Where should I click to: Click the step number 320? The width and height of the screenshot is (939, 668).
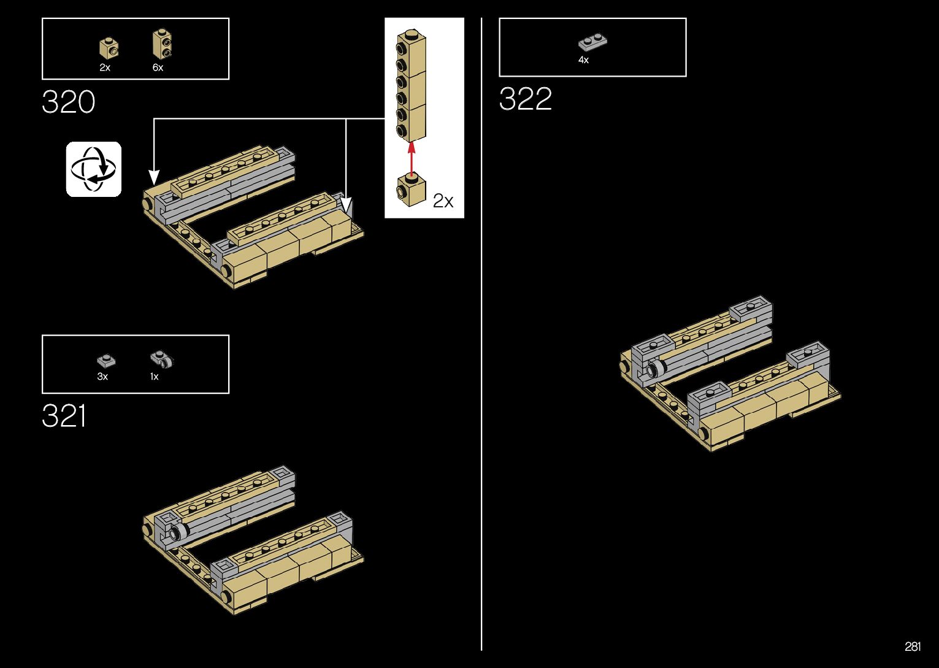[69, 102]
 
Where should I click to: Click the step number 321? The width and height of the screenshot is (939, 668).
[64, 417]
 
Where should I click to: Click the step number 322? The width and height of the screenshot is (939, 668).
[526, 99]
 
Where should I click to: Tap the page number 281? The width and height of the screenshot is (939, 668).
[912, 647]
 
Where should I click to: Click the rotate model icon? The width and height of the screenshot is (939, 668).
[94, 169]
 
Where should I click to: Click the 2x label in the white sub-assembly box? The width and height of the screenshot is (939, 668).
[443, 201]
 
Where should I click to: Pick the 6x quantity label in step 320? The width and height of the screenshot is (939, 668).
[158, 67]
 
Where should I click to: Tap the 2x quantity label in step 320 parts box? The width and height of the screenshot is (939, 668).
[105, 67]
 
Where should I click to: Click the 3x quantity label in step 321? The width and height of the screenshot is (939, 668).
[102, 377]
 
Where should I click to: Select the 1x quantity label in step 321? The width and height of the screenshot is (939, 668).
[154, 377]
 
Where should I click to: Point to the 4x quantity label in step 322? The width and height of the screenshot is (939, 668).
[583, 60]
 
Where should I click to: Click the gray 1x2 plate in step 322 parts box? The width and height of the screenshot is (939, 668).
[592, 42]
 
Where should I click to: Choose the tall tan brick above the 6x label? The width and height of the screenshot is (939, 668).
[161, 44]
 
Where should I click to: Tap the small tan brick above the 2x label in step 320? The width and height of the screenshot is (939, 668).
[109, 48]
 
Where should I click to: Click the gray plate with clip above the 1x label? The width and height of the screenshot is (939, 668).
[162, 359]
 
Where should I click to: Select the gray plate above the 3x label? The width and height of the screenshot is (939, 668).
[106, 361]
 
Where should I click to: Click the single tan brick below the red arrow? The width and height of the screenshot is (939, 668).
[412, 190]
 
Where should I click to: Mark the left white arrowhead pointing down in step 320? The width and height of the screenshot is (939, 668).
[154, 177]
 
